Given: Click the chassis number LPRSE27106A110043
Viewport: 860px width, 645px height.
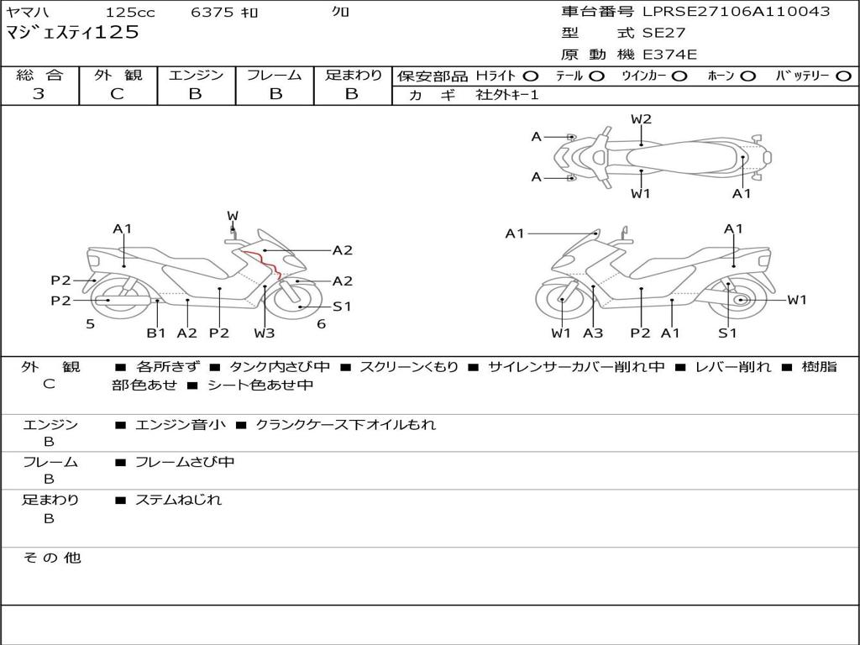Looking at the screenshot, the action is (x=737, y=12).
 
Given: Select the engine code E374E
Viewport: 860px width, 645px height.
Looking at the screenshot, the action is (x=669, y=55).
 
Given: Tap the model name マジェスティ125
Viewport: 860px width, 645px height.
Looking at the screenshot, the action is (x=72, y=33).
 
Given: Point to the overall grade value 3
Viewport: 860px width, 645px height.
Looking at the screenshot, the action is (x=39, y=94).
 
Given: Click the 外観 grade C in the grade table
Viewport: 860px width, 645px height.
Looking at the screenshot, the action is (x=118, y=94).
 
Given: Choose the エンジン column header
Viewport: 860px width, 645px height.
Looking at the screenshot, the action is (x=196, y=75).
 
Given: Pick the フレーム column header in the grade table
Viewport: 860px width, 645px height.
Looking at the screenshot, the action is (x=275, y=75).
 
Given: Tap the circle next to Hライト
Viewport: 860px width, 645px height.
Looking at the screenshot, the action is (x=532, y=76).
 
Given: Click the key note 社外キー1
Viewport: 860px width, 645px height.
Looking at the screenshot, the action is (x=507, y=95).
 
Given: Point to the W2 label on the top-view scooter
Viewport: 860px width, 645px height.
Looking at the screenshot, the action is (x=641, y=119).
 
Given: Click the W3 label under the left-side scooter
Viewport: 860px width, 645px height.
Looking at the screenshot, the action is (x=265, y=333).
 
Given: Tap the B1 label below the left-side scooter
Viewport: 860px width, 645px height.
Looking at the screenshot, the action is (x=156, y=333).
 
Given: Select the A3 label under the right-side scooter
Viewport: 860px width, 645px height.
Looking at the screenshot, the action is (x=593, y=333).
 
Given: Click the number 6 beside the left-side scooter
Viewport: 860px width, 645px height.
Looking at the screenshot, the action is (x=321, y=323).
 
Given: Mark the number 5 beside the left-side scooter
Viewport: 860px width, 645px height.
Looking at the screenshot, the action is (x=90, y=323).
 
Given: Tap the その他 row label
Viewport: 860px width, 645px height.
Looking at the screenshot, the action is (x=51, y=558).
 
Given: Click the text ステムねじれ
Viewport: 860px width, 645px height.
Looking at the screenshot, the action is (x=178, y=500).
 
